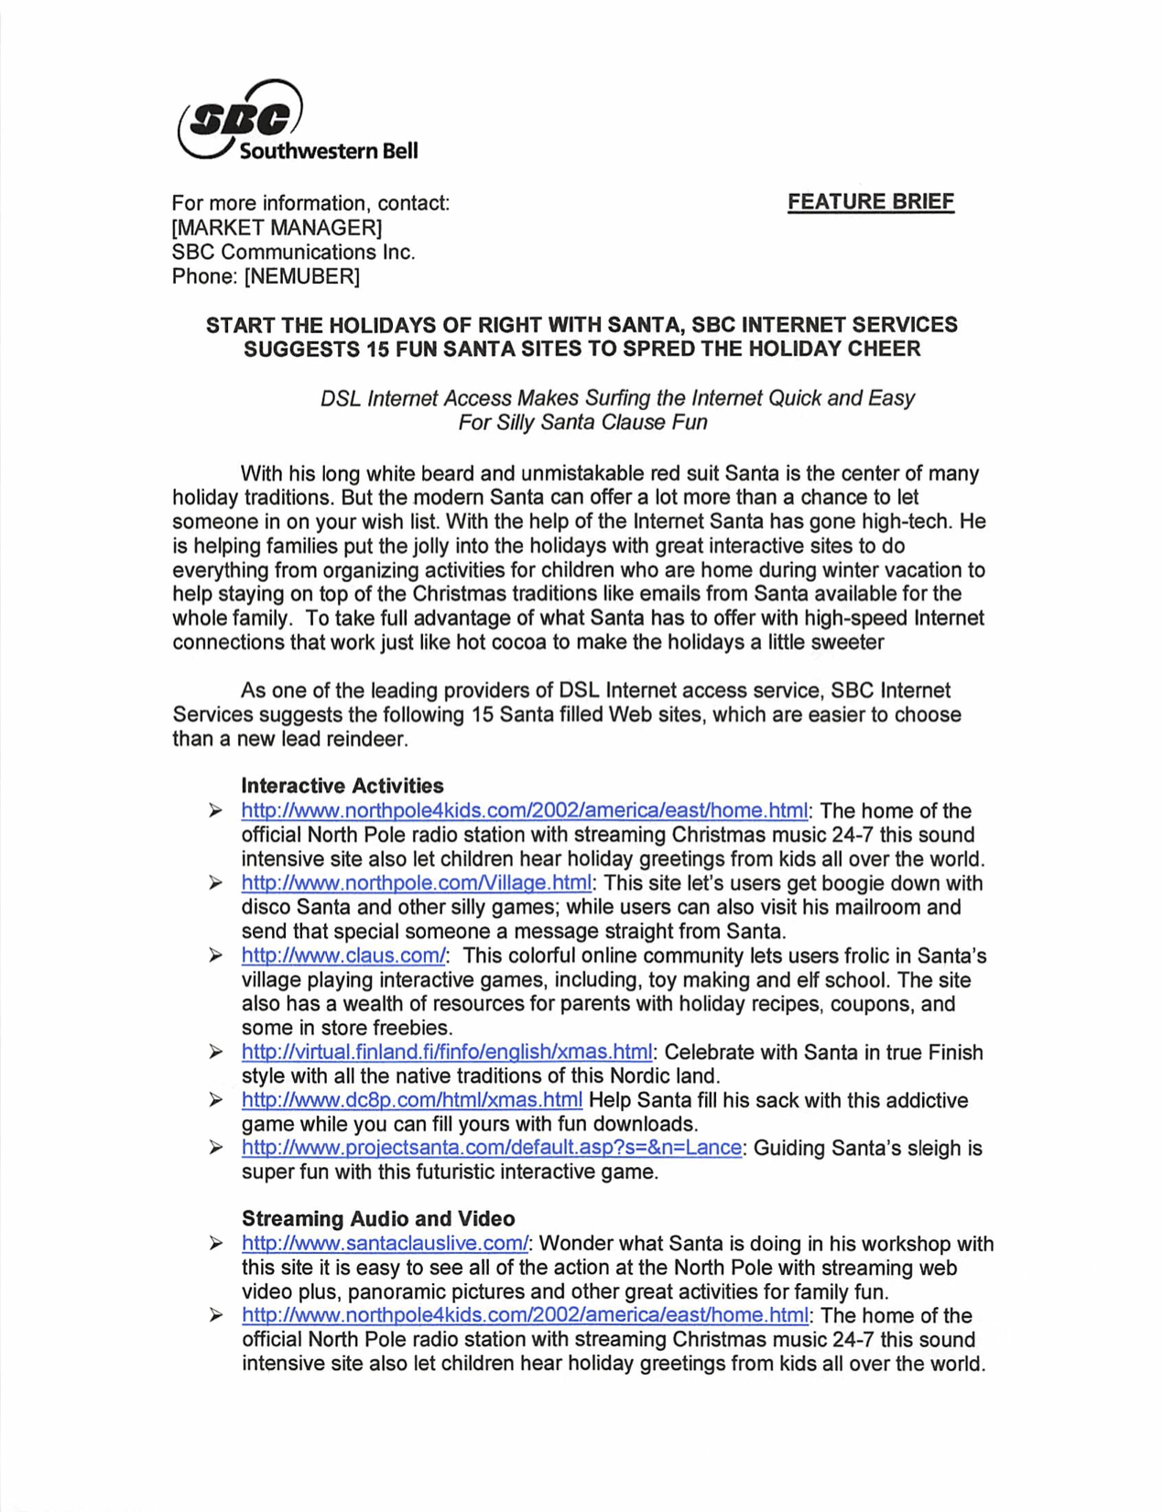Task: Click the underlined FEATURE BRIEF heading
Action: [x=870, y=201]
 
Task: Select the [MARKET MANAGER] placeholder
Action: [x=277, y=227]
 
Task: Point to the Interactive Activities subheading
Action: [x=342, y=785]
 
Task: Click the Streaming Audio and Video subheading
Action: [x=377, y=1218]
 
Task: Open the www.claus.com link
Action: [x=343, y=956]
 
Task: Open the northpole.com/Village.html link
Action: [x=416, y=883]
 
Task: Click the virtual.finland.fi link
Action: [x=447, y=1053]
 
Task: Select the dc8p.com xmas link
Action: [x=411, y=1100]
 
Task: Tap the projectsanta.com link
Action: [x=491, y=1148]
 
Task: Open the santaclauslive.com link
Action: [x=385, y=1244]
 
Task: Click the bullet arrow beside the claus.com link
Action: [x=215, y=956]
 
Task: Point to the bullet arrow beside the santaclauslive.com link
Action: [x=215, y=1244]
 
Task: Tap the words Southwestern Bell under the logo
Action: [x=328, y=151]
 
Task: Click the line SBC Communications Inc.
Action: [x=293, y=252]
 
